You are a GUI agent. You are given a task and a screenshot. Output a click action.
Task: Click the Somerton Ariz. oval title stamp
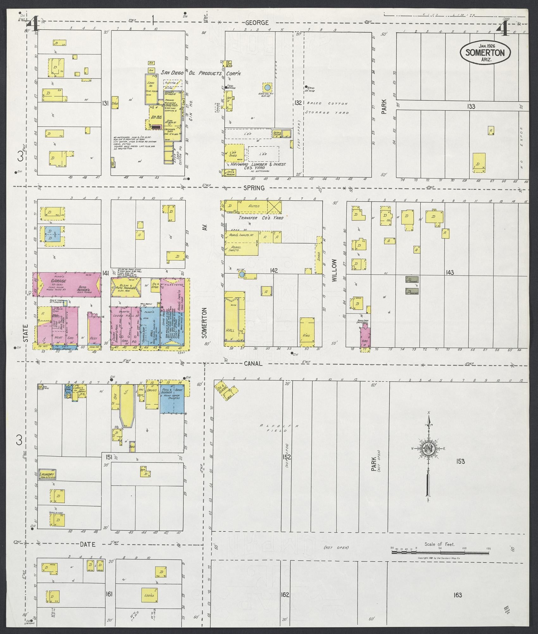click(485, 53)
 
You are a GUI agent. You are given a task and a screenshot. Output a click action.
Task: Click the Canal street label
click(253, 364)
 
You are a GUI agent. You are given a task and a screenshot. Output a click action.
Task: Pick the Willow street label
click(335, 270)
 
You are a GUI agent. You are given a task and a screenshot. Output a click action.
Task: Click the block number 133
click(471, 107)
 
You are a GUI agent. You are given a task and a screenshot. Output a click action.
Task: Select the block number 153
click(460, 462)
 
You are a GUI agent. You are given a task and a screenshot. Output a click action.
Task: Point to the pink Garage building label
click(59, 281)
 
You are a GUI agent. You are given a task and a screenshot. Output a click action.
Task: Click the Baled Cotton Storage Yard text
click(327, 108)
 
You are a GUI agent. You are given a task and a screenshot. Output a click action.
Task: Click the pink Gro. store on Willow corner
click(365, 338)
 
